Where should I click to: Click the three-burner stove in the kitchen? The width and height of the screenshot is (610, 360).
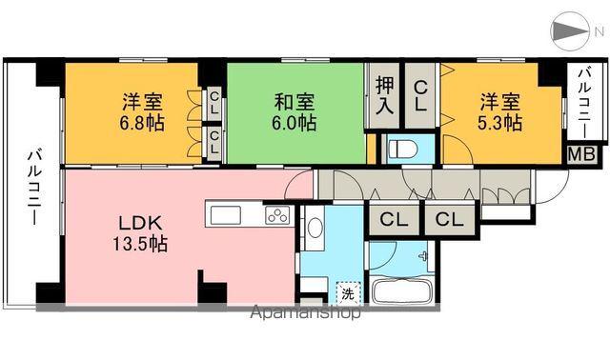click(x=276, y=215)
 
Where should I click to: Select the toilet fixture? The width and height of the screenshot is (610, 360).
click(x=400, y=150)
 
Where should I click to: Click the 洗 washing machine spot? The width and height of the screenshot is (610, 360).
click(x=348, y=293)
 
